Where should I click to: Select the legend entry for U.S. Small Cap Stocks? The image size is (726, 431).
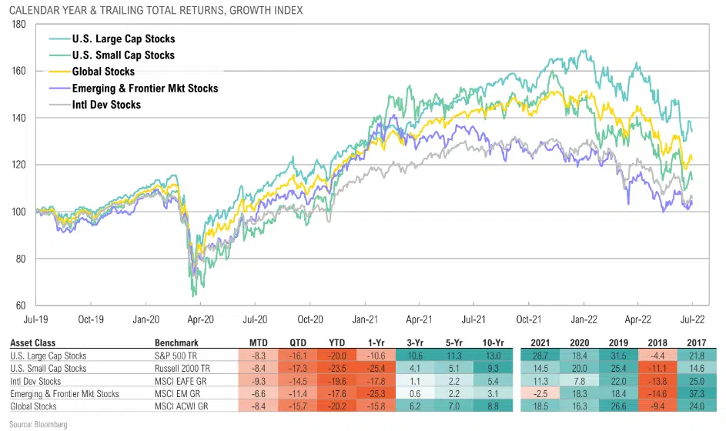pyautogui.click(x=122, y=55)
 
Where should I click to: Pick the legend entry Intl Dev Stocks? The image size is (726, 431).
pyautogui.click(x=106, y=105)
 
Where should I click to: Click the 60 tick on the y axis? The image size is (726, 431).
pyautogui.click(x=22, y=306)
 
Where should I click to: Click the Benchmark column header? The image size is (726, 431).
pyautogui.click(x=177, y=343)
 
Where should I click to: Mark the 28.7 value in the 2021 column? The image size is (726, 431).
pyautogui.click(x=544, y=356)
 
